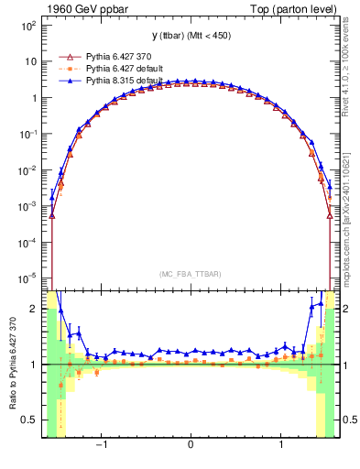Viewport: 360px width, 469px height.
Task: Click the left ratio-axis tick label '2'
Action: (34, 309)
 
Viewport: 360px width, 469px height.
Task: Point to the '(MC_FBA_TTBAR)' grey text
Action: (190, 274)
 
